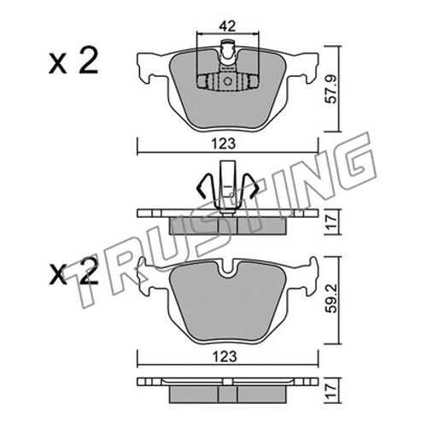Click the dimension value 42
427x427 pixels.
(x=227, y=26)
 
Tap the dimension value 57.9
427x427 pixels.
(x=331, y=89)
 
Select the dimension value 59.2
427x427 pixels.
(x=331, y=298)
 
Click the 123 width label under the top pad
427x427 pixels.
(x=224, y=143)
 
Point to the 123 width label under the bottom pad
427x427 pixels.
(x=224, y=356)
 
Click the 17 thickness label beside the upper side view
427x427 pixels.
(x=331, y=222)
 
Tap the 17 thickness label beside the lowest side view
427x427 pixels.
(x=331, y=390)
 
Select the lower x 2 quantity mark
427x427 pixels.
(x=73, y=271)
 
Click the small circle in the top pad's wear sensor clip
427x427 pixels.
(x=227, y=81)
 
